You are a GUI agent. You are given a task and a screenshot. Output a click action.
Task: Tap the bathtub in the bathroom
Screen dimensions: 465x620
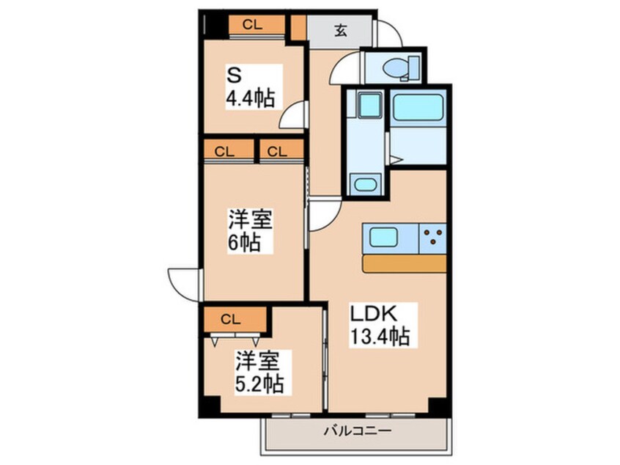418,108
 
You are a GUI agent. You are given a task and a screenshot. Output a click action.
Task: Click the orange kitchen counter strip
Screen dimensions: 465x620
404,263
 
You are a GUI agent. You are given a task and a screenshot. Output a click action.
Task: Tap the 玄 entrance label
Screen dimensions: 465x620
341,31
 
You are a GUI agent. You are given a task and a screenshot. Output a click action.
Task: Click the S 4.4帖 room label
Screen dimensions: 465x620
250,88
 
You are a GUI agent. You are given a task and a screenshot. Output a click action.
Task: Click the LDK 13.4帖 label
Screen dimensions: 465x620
379,324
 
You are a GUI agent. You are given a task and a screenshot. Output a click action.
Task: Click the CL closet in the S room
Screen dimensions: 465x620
252,24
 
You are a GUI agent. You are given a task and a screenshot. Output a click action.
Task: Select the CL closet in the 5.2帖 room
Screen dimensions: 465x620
231,319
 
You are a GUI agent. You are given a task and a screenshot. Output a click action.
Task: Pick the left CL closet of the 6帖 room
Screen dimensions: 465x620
224,152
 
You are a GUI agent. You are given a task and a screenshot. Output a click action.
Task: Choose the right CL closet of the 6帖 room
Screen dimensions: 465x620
278,152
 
